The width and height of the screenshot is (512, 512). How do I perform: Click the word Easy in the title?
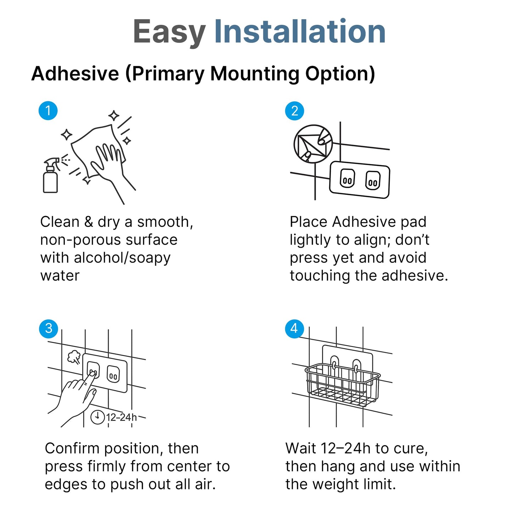click(169, 32)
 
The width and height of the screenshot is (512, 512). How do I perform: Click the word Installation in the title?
click(300, 31)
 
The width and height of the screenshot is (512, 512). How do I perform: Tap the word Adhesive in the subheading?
click(75, 74)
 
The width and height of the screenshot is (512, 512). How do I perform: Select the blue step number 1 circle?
click(48, 111)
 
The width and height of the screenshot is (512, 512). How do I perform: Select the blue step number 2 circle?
click(295, 111)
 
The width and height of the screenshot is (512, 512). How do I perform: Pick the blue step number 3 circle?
click(49, 328)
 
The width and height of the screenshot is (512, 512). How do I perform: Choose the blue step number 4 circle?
click(294, 329)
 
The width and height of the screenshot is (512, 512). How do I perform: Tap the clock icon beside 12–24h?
click(97, 417)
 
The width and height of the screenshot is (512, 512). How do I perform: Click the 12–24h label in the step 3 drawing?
click(122, 417)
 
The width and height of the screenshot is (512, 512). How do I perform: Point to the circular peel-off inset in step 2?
click(313, 144)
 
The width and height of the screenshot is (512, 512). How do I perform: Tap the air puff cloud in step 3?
click(74, 357)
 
